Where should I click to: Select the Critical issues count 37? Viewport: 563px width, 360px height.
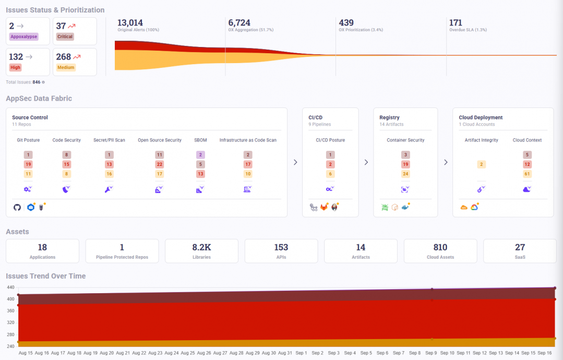tap(61, 26)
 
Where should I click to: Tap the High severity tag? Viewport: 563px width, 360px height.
tap(16, 67)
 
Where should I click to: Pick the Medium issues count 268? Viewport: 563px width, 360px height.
tap(63, 57)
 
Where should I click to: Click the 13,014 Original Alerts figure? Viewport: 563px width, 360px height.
tap(130, 22)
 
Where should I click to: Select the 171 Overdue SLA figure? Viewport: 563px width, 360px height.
tap(456, 22)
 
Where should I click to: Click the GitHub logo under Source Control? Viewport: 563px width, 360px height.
tap(17, 207)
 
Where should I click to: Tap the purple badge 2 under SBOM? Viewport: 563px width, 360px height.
tap(200, 155)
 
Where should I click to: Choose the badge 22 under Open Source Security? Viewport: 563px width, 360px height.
tap(160, 164)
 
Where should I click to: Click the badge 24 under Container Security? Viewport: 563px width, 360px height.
tap(405, 174)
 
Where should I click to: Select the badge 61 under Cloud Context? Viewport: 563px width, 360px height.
tap(527, 174)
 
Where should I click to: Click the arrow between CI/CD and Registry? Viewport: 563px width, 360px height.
tap(366, 162)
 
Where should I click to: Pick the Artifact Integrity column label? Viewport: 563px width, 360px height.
tap(481, 140)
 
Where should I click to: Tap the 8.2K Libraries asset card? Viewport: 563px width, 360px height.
tap(201, 251)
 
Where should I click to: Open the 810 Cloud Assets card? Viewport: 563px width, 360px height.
tap(440, 251)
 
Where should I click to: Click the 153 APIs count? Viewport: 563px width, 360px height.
tap(281, 247)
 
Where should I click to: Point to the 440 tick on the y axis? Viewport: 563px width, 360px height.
tap(10, 287)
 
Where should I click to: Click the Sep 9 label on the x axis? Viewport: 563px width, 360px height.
tap(432, 353)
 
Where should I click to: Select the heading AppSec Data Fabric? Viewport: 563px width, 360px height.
tap(39, 99)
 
